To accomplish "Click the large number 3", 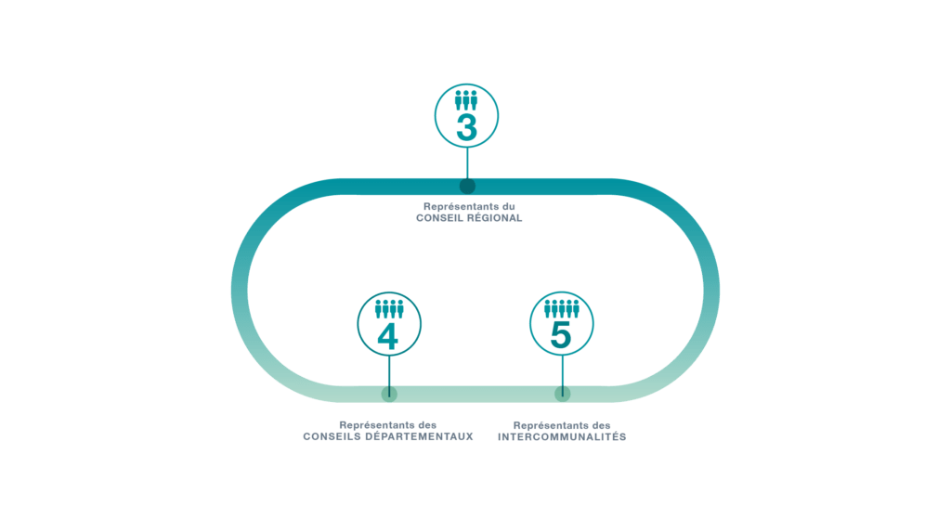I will (467, 128).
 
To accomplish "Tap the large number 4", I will (388, 337).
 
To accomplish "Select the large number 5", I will (561, 334).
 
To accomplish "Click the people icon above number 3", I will (467, 100).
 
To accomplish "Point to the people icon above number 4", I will (389, 308).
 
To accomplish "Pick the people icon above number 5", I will (561, 305).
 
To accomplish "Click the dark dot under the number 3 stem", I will (467, 186).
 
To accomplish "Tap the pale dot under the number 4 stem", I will (389, 394).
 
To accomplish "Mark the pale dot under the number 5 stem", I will (562, 394).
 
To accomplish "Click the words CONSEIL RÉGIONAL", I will (469, 218).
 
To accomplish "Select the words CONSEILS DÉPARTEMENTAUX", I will (388, 436).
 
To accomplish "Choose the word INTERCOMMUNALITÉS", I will (562, 436).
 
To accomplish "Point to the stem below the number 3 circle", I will (467, 162).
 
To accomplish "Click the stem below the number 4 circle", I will (389, 371).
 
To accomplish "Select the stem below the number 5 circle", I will (562, 371).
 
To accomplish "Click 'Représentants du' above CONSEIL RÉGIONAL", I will (469, 206).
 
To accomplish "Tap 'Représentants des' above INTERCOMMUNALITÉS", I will (562, 425).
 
